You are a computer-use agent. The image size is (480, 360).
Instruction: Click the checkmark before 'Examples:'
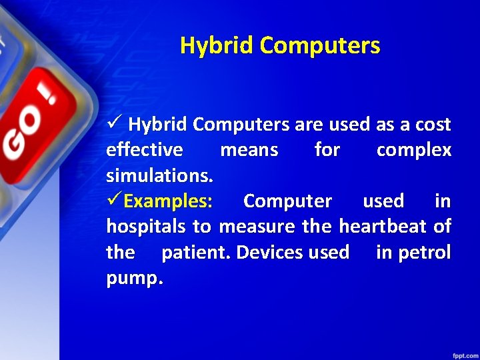[x=115, y=201]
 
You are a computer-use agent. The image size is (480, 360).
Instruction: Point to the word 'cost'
[x=433, y=125]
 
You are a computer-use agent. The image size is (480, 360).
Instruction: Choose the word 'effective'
[x=145, y=150]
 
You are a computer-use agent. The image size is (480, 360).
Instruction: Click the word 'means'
[x=249, y=150]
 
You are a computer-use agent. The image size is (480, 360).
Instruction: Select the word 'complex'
[x=413, y=150]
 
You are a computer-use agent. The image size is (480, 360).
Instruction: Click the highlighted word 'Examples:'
[x=169, y=201]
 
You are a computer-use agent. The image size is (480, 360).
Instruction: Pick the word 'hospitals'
[x=146, y=227]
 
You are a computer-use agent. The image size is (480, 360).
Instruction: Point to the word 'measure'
[x=257, y=227]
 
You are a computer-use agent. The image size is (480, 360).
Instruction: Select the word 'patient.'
[x=197, y=253]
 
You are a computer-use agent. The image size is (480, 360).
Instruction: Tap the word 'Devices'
[x=271, y=253]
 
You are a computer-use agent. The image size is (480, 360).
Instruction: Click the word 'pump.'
[x=134, y=278]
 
